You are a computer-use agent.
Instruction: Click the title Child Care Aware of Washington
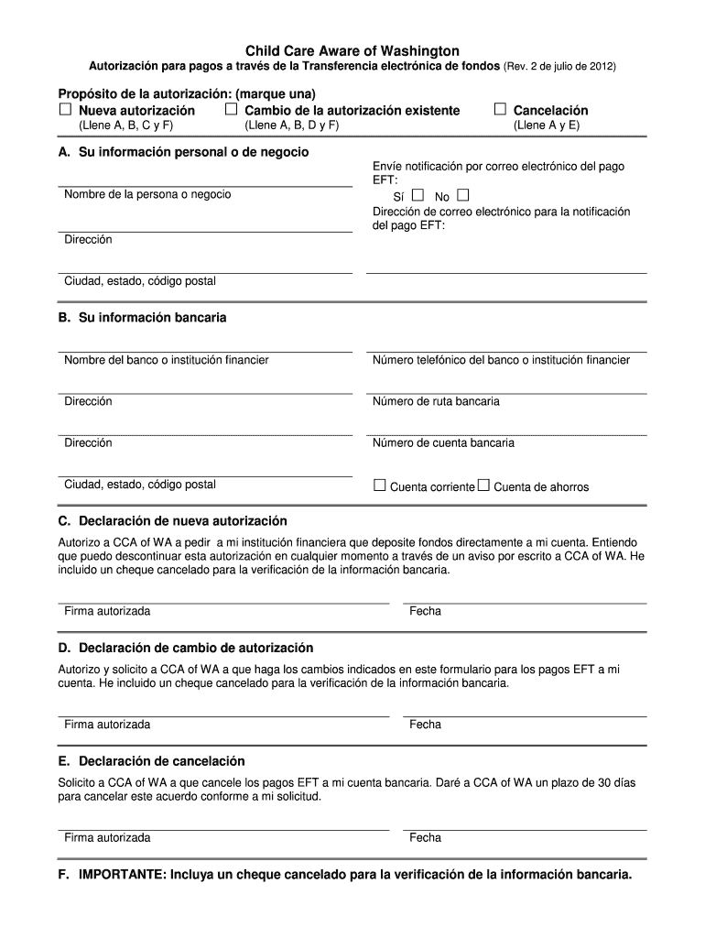click(x=352, y=51)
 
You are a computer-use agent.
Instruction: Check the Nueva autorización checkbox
click(x=65, y=110)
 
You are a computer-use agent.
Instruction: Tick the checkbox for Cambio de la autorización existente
click(x=231, y=110)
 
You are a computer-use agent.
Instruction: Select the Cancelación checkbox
click(x=500, y=110)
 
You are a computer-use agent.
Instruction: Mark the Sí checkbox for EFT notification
click(x=418, y=195)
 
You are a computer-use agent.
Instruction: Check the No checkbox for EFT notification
click(x=462, y=195)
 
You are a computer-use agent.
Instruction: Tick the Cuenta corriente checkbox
click(x=380, y=485)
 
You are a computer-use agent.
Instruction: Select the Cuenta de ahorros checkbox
click(x=483, y=485)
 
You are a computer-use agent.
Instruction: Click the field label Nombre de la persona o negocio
click(x=147, y=194)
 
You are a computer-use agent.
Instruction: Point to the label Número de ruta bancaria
click(x=436, y=401)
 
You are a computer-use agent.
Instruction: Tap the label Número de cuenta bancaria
click(x=443, y=443)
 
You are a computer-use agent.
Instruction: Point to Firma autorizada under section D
click(x=107, y=725)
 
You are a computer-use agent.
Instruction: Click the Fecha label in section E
click(x=426, y=837)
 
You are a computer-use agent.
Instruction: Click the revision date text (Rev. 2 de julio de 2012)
click(x=560, y=68)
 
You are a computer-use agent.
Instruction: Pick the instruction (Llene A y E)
click(x=546, y=125)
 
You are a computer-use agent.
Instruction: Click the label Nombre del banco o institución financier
click(x=166, y=360)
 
